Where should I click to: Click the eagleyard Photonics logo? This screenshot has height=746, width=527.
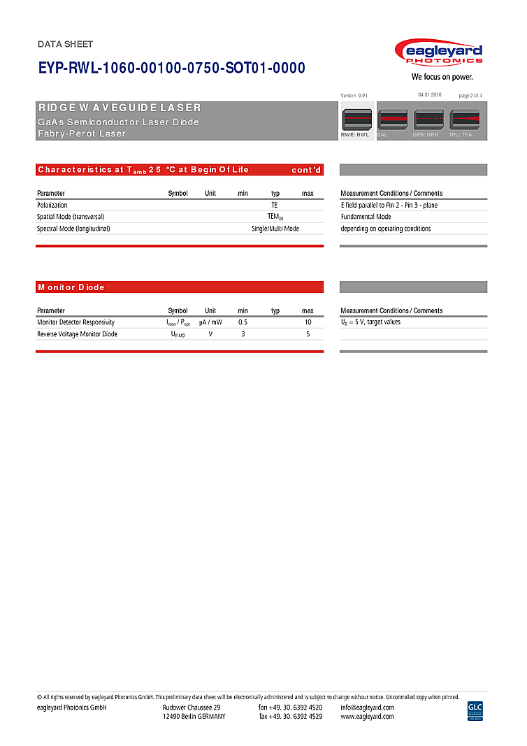tap(438, 53)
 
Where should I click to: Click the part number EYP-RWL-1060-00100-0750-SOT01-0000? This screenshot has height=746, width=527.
tap(171, 68)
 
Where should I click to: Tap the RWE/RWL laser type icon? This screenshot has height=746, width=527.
tap(356, 120)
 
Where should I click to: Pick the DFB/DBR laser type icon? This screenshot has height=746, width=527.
tap(428, 120)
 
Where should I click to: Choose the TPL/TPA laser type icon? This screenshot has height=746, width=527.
tap(464, 120)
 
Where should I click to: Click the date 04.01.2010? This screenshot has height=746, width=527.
tap(430, 94)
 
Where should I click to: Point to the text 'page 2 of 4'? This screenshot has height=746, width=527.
tap(470, 95)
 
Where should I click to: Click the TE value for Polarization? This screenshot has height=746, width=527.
tap(275, 206)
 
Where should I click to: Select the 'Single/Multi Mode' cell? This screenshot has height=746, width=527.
tap(275, 229)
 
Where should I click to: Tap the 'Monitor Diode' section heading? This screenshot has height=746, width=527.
tap(71, 287)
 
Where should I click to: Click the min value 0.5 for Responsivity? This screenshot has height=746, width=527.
tap(243, 322)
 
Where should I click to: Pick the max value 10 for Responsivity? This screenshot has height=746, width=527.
tap(308, 322)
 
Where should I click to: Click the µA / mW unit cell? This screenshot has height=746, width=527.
tap(210, 322)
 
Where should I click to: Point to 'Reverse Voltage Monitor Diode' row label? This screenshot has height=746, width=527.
tap(77, 334)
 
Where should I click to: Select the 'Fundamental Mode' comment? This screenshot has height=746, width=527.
tap(366, 217)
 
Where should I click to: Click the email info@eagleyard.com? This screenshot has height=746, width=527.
tap(367, 707)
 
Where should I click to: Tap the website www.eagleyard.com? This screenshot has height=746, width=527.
tap(367, 717)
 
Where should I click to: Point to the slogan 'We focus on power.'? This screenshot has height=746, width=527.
tap(442, 77)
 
